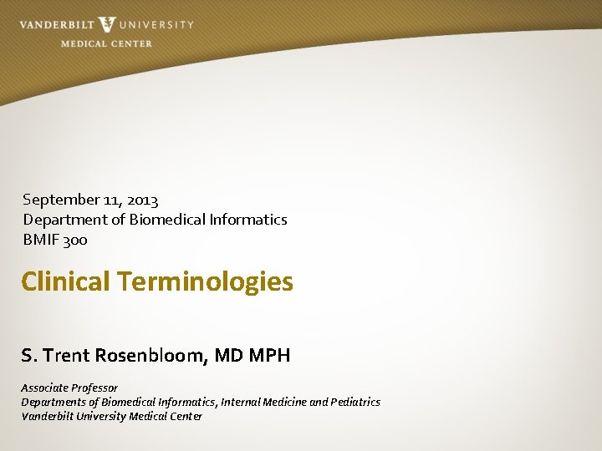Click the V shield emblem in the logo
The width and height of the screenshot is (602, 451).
106,25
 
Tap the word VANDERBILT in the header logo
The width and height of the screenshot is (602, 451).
56,25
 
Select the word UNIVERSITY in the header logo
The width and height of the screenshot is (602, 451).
156,25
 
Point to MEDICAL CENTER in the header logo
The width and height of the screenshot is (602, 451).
106,43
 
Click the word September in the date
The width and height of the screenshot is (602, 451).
56,200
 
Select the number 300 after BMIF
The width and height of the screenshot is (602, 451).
75,240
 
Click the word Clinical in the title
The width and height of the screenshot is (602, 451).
66,281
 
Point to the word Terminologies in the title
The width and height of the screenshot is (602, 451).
206,281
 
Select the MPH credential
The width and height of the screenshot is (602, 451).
268,355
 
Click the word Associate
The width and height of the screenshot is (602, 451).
44,388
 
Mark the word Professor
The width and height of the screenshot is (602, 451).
94,388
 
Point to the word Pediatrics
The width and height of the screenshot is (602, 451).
356,402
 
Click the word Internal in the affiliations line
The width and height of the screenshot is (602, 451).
241,402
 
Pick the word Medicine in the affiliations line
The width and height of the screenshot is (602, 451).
284,402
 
